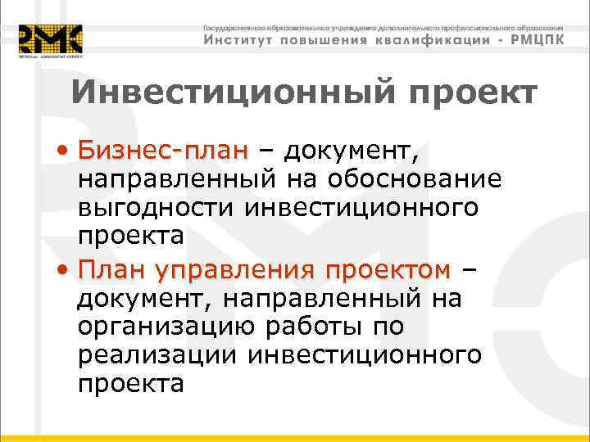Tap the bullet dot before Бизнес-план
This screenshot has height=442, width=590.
[x=63, y=151]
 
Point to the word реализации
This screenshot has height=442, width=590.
[x=159, y=355]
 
